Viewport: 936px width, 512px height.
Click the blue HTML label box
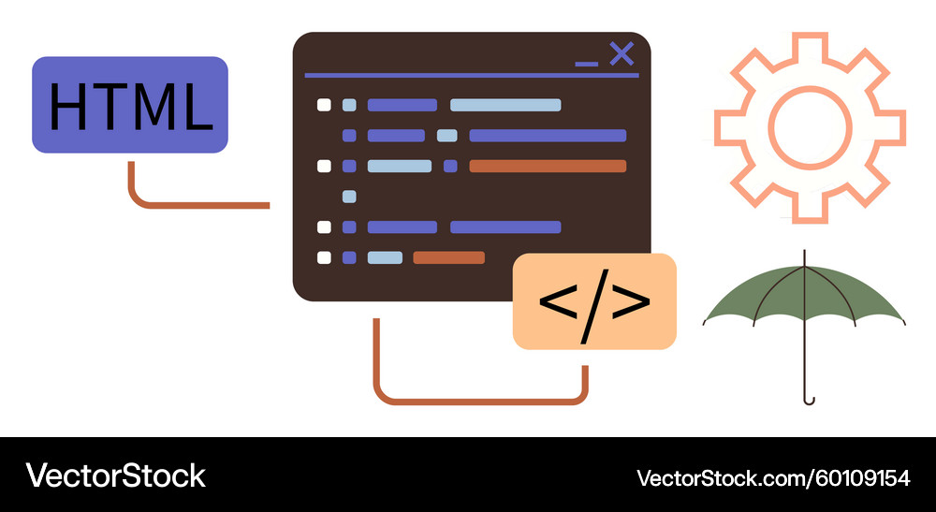[x=129, y=105]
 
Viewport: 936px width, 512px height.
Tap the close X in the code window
[x=622, y=54]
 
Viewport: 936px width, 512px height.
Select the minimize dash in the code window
[x=586, y=64]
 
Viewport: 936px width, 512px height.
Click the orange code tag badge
[x=594, y=301]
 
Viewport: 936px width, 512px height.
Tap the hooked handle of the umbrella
[x=808, y=399]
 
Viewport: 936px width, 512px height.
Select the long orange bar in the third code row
[x=548, y=166]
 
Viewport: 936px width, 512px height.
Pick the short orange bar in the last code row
[x=449, y=257]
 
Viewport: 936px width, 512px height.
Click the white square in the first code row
[x=324, y=105]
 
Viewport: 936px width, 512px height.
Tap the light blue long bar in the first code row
[x=505, y=105]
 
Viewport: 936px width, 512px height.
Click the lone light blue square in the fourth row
[x=349, y=197]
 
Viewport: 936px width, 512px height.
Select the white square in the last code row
[x=324, y=257]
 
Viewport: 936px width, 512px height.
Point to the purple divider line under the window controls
[x=472, y=75]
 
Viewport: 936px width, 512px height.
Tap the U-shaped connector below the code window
[x=480, y=402]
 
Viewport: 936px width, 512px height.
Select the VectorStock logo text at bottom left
[x=115, y=475]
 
